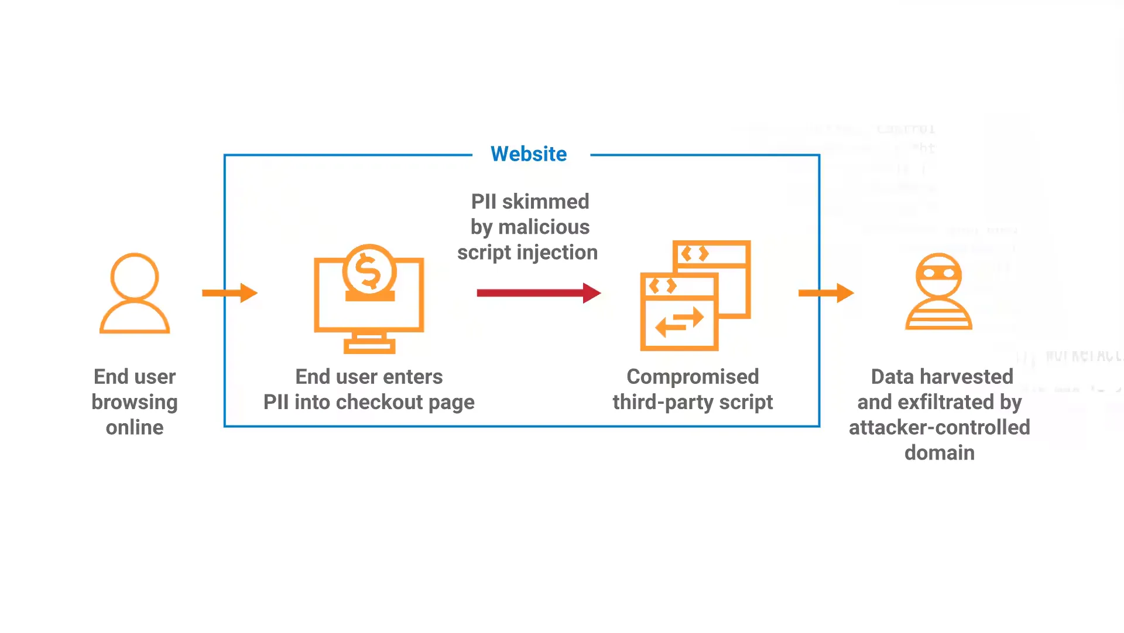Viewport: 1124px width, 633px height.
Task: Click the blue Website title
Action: [529, 154]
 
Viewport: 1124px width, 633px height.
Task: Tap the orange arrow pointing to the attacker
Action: [826, 293]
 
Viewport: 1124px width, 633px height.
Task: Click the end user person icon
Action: [135, 293]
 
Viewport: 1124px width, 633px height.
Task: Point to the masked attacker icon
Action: [938, 292]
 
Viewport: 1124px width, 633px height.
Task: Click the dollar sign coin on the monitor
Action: [369, 271]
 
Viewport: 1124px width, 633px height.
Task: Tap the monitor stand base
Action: [369, 347]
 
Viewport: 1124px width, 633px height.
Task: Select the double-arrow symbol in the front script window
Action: [679, 321]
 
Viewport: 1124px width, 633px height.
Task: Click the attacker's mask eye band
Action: [938, 274]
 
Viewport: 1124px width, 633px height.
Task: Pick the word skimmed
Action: [546, 202]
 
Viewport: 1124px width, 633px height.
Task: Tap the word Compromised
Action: [693, 377]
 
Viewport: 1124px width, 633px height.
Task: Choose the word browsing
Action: [135, 403]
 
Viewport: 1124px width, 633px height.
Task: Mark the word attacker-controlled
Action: [939, 428]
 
